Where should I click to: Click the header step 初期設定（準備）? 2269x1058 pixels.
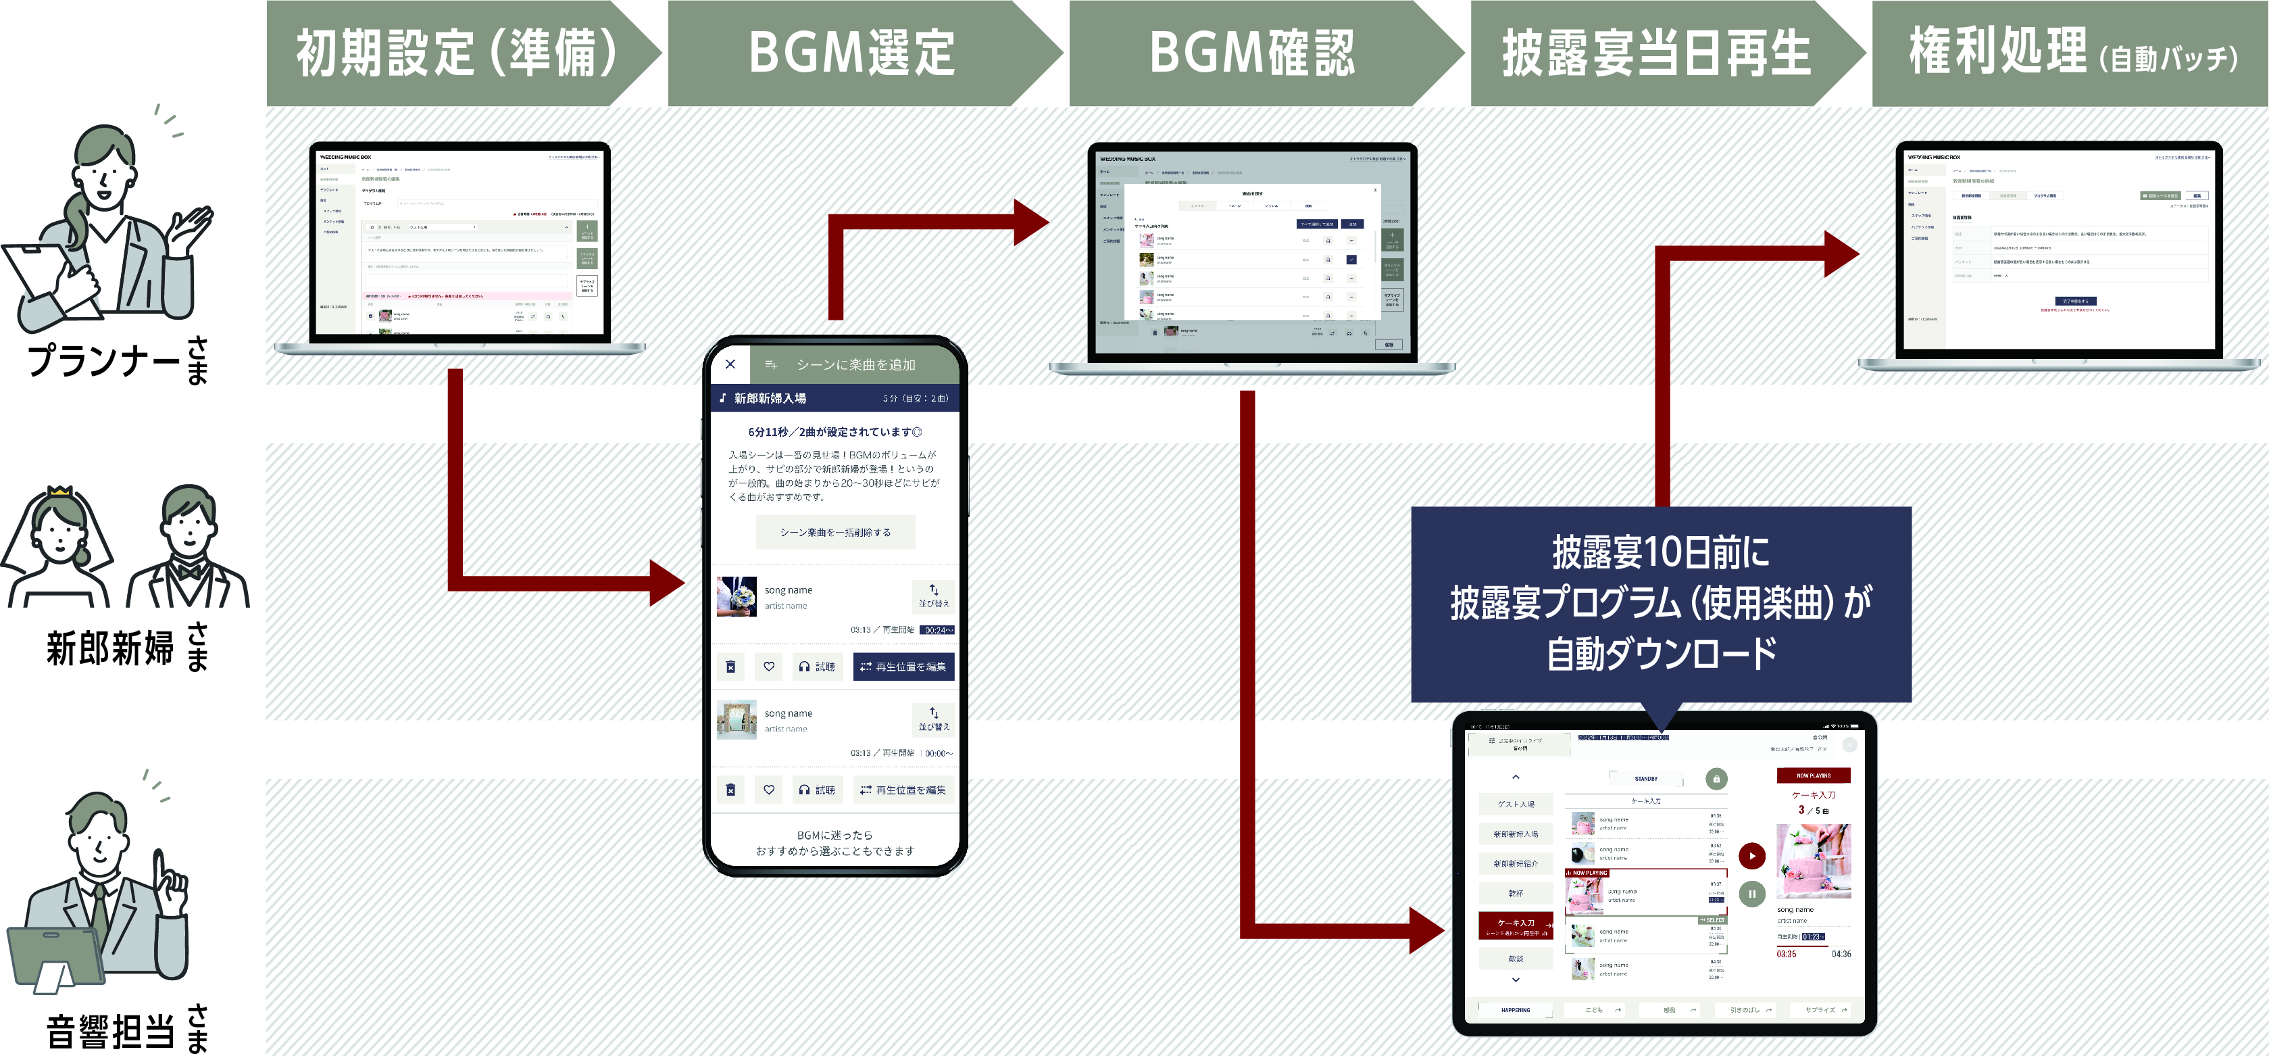(455, 53)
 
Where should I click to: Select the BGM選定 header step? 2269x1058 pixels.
(852, 53)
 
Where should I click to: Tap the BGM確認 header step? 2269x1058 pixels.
(1251, 53)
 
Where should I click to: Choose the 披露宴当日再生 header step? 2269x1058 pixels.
(1656, 53)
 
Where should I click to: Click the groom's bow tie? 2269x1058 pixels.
(189, 569)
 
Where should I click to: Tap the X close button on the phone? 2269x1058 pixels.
(730, 364)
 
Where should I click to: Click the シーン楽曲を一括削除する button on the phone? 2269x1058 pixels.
(835, 532)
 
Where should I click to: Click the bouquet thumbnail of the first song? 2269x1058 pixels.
(737, 596)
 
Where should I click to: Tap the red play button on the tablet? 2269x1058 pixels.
(1752, 855)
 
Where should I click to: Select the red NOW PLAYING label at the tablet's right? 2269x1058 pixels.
(1813, 775)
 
